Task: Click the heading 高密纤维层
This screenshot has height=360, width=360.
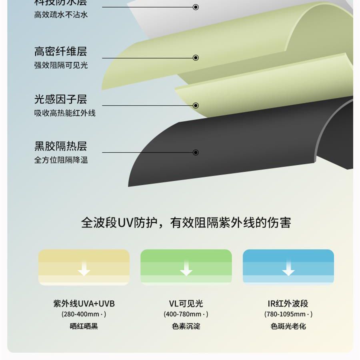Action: click(x=60, y=52)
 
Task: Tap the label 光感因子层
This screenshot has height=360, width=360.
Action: click(x=60, y=99)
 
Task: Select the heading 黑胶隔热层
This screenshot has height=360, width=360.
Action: click(x=60, y=146)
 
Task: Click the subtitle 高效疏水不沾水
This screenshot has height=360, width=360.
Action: click(x=60, y=15)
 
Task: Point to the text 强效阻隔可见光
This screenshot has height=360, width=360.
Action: click(x=60, y=65)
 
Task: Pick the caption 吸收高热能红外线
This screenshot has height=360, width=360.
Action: click(x=65, y=113)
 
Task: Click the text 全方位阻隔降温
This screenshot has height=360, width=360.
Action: click(x=60, y=160)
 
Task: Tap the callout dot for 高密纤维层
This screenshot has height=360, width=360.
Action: click(x=196, y=58)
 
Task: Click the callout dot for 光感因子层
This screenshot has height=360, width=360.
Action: click(x=196, y=106)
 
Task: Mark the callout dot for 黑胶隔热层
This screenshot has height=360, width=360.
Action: click(x=196, y=152)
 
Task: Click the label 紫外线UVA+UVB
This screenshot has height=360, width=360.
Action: click(x=84, y=304)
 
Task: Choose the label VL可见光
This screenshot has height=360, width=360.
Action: click(x=186, y=304)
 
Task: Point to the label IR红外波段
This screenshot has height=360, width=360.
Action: click(x=288, y=304)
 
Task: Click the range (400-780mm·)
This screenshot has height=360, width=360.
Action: click(x=186, y=314)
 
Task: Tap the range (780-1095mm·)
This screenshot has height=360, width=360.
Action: click(x=288, y=314)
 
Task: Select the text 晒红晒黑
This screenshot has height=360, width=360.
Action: click(x=84, y=326)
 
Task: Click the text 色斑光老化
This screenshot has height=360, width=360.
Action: click(x=288, y=326)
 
